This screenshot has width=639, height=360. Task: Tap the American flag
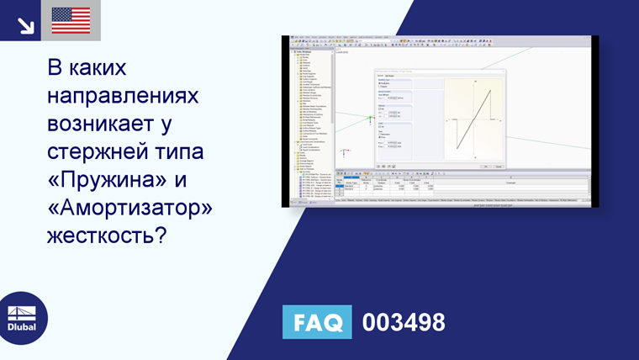click(71, 20)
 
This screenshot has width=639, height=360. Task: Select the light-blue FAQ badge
click(317, 322)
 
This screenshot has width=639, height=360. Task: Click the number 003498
click(403, 322)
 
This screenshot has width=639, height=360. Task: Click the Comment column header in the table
click(510, 180)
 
